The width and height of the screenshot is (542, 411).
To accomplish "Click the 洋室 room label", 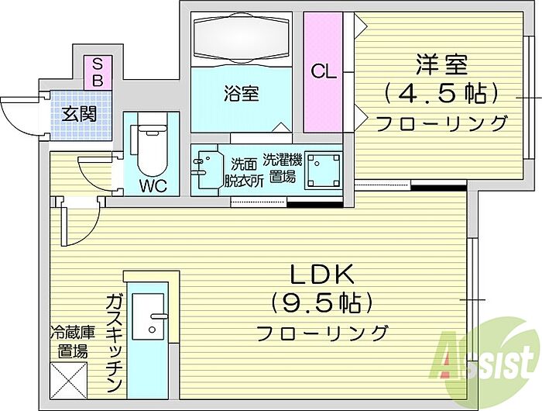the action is coord(441,64).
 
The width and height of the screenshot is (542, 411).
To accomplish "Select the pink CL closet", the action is coord(323,72).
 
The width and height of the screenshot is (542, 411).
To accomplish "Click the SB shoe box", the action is coord(98,73).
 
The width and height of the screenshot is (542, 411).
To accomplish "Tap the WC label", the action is coord(153,186).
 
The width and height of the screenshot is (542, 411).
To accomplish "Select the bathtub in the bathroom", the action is coord(242,38).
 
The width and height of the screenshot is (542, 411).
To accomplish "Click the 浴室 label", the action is coord(242,93).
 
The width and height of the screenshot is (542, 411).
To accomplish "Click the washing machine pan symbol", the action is coord(324,171).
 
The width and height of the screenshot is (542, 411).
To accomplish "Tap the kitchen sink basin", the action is coord(149,316).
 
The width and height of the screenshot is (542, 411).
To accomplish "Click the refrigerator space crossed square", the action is coord(68,381).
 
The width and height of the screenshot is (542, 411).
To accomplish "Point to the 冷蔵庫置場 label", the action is coord(72,342).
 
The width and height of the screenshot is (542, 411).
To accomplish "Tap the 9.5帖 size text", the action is coord(322,303).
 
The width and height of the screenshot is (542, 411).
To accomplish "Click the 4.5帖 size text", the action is coord(441,94).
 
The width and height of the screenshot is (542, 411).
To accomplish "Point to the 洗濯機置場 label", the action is coord(283,168).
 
